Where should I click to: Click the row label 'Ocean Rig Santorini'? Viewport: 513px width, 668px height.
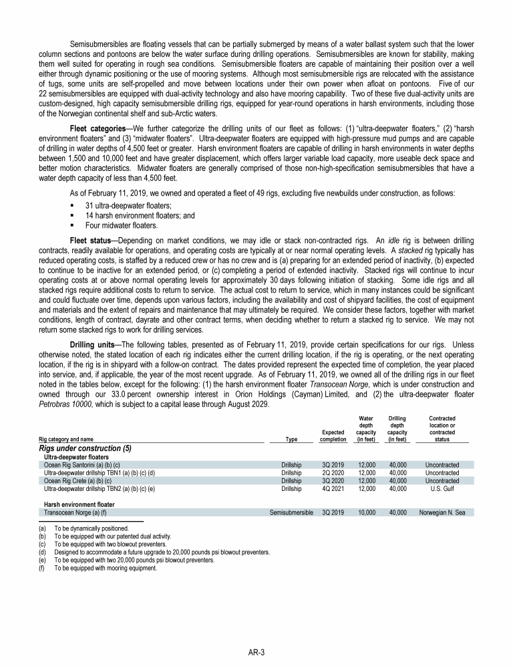click(x=81, y=463)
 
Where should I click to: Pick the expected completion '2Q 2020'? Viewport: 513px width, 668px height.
click(x=333, y=472)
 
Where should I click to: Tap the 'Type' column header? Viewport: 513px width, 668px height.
click(x=291, y=439)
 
